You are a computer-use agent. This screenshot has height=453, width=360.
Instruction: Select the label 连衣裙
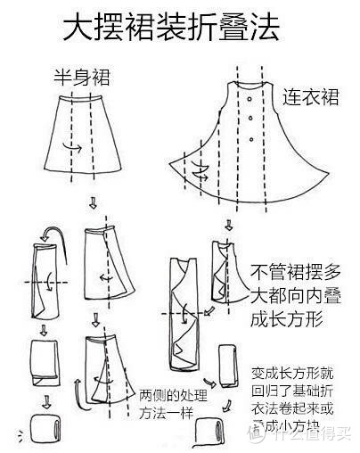pos(312,95)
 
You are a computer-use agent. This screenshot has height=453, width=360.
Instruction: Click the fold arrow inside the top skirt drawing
pos(78,147)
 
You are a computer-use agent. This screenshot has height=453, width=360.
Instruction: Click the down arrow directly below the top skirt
pos(91,206)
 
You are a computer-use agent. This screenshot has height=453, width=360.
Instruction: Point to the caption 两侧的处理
pos(173,394)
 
